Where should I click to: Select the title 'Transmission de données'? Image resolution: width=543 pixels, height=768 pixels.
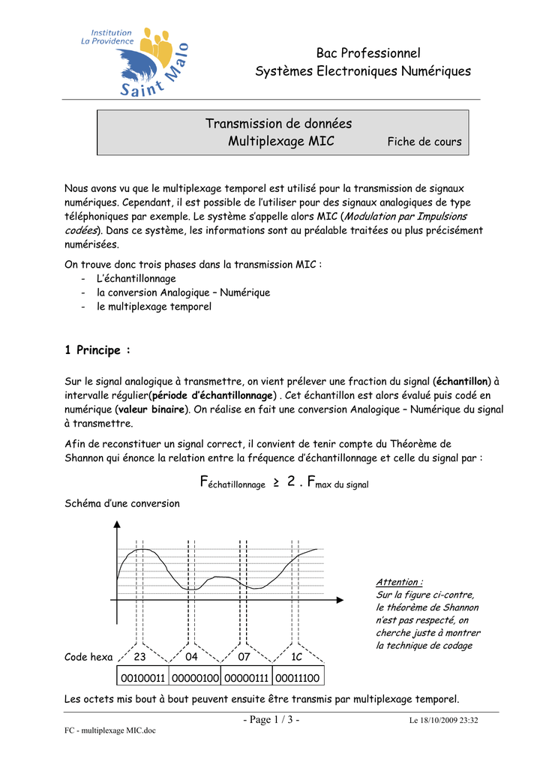tap(278, 124)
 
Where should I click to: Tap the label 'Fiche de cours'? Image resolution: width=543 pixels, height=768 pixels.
tap(424, 142)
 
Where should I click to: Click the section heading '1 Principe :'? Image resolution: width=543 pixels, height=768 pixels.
tap(97, 349)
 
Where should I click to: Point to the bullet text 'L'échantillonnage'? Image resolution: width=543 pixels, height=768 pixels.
tap(136, 278)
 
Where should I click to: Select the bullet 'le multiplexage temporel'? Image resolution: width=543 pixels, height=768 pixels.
tap(154, 307)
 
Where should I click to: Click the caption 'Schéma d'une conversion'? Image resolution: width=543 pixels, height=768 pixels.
tap(122, 503)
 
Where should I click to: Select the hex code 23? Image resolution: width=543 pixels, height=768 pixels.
tap(140, 657)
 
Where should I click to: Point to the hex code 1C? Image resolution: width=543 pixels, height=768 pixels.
tap(296, 657)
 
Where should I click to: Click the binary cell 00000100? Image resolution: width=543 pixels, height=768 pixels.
tap(195, 678)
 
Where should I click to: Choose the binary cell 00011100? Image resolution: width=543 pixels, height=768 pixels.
tap(298, 678)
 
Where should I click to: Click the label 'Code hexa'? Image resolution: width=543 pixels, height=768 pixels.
tap(88, 657)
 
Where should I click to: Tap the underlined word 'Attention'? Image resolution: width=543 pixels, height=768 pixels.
tap(398, 582)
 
